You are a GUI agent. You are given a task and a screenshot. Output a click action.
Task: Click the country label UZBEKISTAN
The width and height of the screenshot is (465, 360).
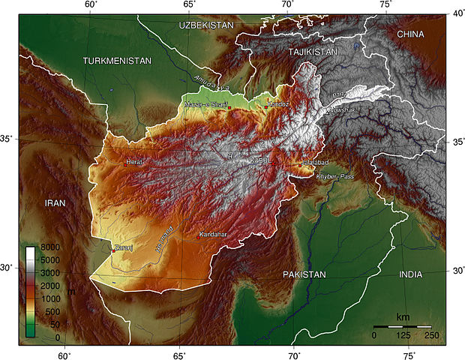pos(206,25)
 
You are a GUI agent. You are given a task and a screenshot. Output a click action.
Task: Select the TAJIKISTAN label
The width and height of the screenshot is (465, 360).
pos(313,51)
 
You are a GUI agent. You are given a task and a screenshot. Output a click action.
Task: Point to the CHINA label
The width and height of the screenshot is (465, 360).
pos(410,34)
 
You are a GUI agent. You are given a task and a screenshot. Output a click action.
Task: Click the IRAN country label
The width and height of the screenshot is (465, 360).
pos(55,202)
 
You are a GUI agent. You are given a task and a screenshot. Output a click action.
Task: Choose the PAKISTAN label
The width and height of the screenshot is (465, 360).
pos(304,274)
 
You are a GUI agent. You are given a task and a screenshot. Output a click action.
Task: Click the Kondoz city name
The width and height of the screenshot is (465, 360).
pos(279,104)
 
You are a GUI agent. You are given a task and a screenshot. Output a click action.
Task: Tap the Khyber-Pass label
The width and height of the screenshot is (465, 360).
pos(334,176)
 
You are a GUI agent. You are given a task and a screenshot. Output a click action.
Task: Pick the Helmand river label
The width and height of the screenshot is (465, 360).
pos(163,238)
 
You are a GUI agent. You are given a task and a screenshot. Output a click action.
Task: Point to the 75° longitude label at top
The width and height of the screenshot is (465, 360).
pos(386,4)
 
